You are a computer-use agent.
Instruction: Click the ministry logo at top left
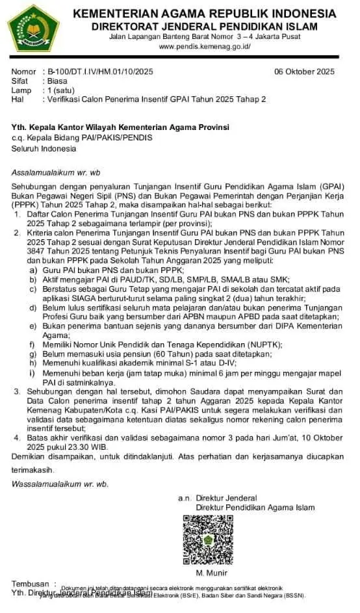click(33, 29)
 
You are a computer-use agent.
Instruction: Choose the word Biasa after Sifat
click(56, 81)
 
